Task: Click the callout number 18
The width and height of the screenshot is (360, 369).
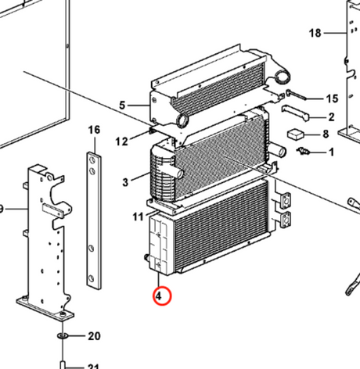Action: (315, 33)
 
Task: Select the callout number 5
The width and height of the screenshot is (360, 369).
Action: (122, 105)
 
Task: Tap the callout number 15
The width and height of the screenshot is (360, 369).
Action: (332, 99)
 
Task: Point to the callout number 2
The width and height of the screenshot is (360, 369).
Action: (331, 117)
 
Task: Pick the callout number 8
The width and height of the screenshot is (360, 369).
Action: (325, 134)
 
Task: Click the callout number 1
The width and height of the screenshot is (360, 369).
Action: (330, 152)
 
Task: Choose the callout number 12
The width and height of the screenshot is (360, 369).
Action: (122, 142)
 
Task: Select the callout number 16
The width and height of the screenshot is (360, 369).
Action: (94, 129)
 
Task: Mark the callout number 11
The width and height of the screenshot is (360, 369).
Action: (137, 216)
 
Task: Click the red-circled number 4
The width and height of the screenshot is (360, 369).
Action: (160, 296)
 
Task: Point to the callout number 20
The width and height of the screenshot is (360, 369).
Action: (94, 336)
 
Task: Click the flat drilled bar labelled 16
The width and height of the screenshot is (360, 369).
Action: (93, 219)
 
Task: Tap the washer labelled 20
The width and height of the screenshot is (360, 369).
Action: (63, 336)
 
